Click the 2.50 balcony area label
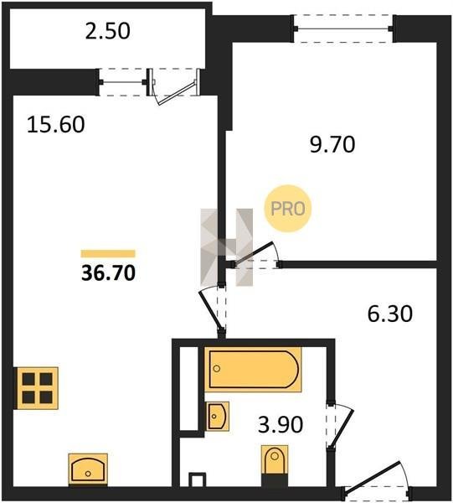click(x=108, y=31)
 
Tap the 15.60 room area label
click(x=56, y=124)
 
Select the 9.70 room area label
click(x=332, y=144)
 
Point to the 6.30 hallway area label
click(x=390, y=314)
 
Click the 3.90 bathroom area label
click(x=281, y=424)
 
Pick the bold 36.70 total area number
click(x=108, y=273)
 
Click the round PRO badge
click(x=288, y=209)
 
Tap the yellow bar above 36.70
click(x=108, y=254)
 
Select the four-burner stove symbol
click(x=38, y=388)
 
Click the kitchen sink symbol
click(x=88, y=469)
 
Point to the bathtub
click(x=253, y=370)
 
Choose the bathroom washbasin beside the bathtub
click(x=217, y=416)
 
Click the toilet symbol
click(x=275, y=459)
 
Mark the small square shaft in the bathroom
click(x=197, y=480)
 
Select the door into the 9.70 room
click(x=255, y=256)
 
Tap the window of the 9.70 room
click(x=343, y=29)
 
